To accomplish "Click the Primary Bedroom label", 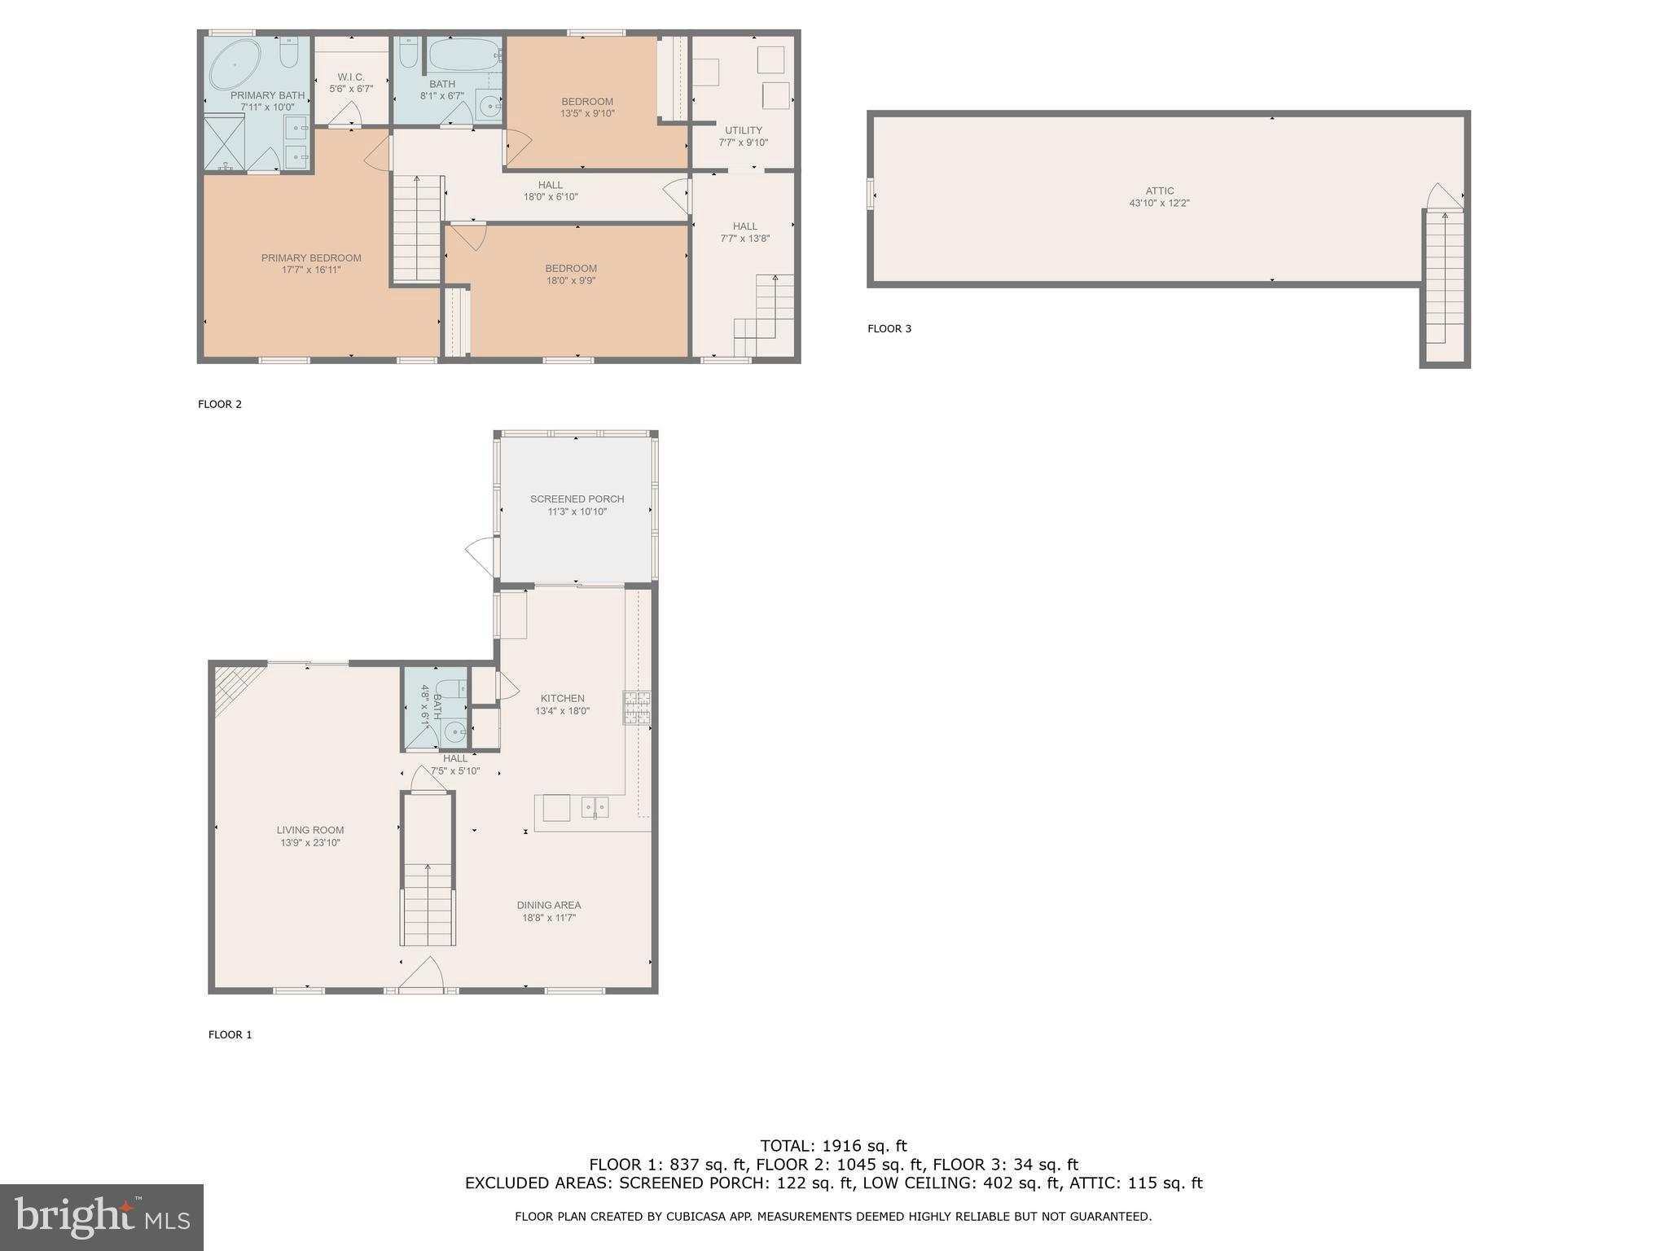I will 311,258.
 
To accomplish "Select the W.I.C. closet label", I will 351,77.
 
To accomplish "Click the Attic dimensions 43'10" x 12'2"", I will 1159,204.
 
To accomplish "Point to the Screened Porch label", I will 577,499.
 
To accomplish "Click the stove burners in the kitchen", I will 637,707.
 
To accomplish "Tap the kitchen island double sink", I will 595,807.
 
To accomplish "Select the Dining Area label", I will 548,905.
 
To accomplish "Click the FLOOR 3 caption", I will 889,329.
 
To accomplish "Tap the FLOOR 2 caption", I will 220,404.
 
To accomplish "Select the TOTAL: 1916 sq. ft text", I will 833,1146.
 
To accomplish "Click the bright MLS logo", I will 101,1217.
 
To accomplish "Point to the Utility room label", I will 743,130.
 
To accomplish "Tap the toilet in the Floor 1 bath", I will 451,690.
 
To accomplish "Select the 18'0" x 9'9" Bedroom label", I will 571,274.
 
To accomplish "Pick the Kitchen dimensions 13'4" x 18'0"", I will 562,711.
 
